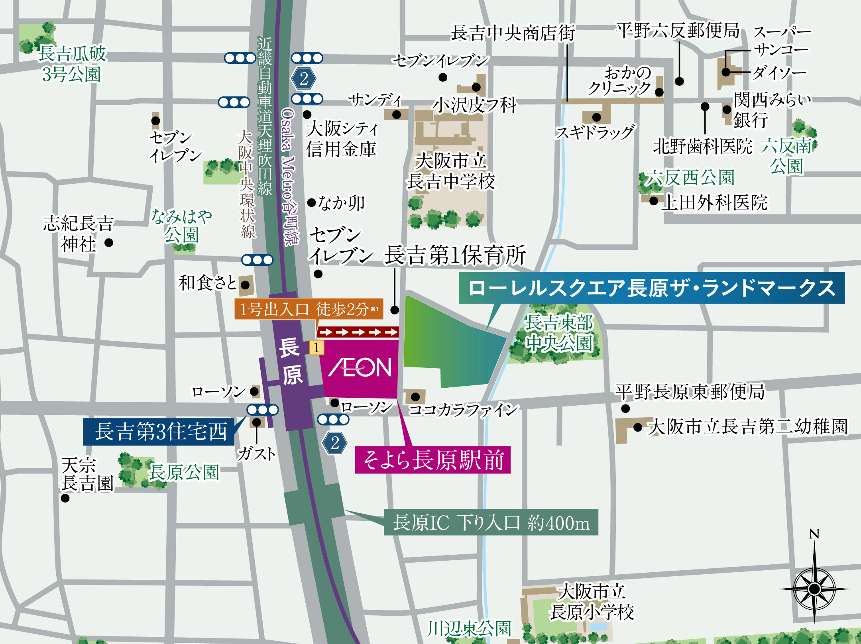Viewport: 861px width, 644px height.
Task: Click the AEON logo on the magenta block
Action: [360, 367]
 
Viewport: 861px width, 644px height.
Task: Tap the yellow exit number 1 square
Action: [316, 348]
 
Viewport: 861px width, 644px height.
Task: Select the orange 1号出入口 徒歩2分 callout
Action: [309, 309]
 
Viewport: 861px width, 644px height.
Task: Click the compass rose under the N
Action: [814, 589]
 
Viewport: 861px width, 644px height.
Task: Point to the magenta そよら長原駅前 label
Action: [432, 460]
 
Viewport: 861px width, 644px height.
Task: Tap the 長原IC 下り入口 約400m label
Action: [491, 522]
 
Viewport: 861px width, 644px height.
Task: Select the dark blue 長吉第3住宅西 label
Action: [159, 432]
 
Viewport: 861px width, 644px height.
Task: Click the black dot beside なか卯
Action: [312, 202]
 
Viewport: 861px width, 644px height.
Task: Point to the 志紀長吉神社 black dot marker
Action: [108, 242]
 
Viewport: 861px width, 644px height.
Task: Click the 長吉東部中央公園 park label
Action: [559, 333]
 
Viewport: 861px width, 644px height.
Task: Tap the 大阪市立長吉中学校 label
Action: [451, 171]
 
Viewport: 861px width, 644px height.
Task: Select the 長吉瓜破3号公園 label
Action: [72, 64]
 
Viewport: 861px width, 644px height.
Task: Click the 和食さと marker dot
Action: [245, 285]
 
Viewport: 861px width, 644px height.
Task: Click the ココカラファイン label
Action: [463, 410]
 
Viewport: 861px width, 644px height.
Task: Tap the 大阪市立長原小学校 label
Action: [592, 602]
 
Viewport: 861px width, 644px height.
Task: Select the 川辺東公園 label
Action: [469, 629]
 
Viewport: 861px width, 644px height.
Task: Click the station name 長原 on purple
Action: [291, 361]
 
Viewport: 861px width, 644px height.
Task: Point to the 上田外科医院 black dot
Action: [653, 201]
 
